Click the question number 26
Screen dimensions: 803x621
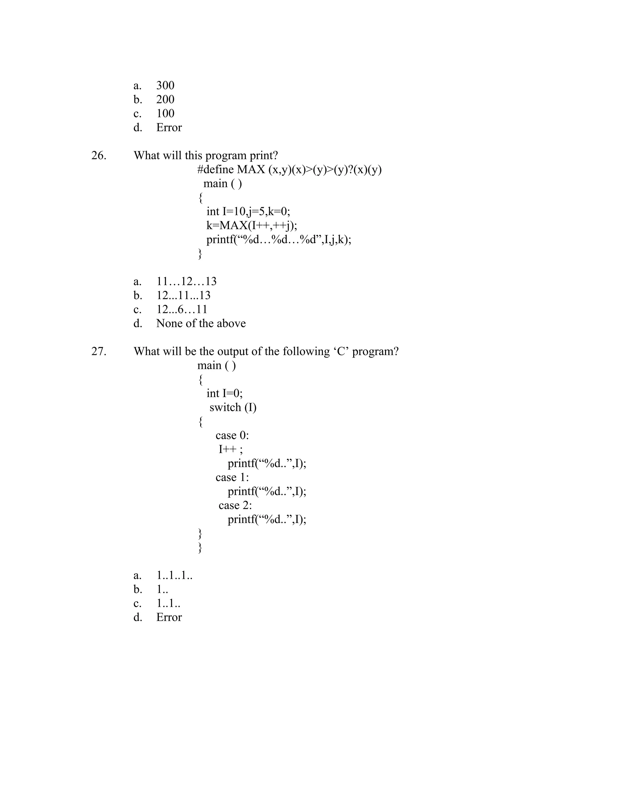point(99,155)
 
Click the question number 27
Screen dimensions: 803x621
point(99,352)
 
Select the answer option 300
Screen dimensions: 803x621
point(165,85)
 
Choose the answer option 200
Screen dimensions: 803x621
point(165,99)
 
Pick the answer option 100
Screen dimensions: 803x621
point(165,113)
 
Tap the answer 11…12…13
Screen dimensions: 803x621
point(186,282)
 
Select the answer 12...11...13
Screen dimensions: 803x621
point(183,296)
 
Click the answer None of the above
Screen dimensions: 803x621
point(201,324)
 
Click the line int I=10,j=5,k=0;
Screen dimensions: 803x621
point(248,212)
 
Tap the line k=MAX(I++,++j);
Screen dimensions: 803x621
point(252,225)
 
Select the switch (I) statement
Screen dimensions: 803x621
point(233,407)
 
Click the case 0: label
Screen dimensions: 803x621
point(232,435)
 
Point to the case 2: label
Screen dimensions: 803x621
point(235,505)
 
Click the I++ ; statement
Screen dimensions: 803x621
point(231,449)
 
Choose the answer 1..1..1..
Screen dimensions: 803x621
point(174,575)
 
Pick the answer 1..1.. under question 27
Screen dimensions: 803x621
point(168,603)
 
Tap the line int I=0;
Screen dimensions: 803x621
point(224,393)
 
